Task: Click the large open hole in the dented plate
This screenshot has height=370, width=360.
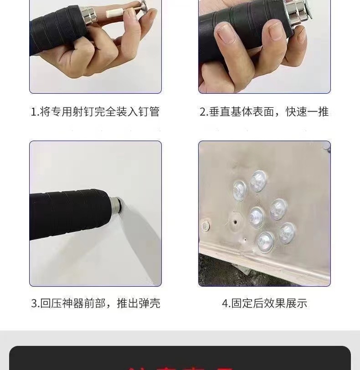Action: tap(235, 222)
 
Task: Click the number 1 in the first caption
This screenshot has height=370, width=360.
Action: tap(33, 112)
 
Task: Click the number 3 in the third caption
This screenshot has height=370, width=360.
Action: tap(34, 304)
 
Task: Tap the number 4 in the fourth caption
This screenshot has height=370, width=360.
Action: tap(225, 304)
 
